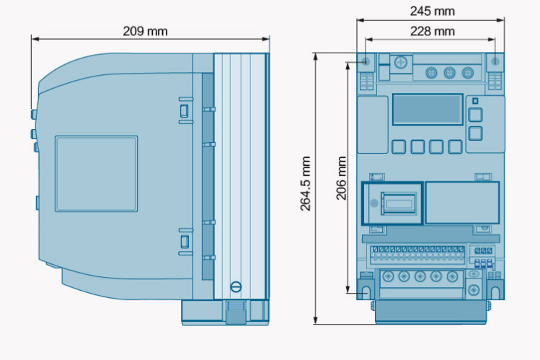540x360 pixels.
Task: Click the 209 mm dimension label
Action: (146, 31)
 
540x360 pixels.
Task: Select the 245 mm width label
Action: (432, 12)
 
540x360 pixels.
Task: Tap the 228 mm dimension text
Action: (432, 31)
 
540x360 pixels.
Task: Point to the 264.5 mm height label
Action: (306, 183)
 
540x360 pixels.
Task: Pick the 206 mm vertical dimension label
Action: (341, 178)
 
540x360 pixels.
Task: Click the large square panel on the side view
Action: (96, 174)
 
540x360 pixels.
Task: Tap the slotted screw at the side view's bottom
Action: (236, 286)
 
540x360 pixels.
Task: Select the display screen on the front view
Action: (428, 109)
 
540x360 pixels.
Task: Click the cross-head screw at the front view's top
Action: (401, 63)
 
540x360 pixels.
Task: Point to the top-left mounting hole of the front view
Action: (366, 61)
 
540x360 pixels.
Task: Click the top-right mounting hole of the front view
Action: (495, 61)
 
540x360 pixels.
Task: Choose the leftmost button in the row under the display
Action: (399, 146)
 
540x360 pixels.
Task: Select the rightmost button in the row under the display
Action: (455, 146)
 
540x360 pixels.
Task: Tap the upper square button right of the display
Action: (475, 115)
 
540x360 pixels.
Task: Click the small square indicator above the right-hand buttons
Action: (475, 100)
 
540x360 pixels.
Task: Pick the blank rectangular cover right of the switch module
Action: (463, 203)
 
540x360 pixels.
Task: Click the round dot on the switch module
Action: (374, 203)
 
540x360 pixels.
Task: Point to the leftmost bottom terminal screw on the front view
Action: (388, 276)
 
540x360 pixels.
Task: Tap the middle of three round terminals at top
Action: (449, 73)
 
